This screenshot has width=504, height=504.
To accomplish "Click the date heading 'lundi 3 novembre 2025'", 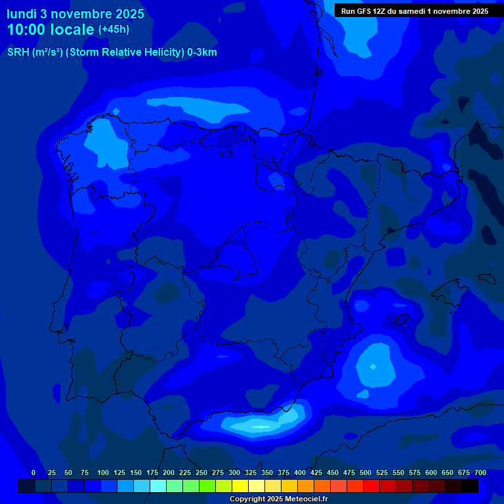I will tap(75, 14).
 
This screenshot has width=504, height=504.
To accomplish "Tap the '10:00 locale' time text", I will tap(50, 30).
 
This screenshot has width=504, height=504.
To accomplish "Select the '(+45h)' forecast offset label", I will tap(114, 30).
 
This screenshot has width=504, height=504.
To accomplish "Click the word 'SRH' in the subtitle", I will tap(18, 52).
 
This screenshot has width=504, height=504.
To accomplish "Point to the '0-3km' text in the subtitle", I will tap(202, 52).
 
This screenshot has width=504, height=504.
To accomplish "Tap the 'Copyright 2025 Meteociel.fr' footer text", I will tap(278, 499).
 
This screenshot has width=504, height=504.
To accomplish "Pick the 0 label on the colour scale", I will tap(33, 472).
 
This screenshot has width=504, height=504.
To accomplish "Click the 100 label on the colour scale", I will tap(103, 472).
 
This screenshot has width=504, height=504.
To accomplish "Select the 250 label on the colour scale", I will tap(201, 472).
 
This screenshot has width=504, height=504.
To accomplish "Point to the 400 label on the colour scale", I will tap(300, 472).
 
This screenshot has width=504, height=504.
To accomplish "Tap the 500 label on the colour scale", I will tap(366, 472).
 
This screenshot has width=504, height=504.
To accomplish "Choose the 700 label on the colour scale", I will tap(480, 472).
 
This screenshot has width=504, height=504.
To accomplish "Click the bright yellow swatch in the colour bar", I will tap(240, 486).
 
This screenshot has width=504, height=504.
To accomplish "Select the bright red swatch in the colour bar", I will tap(371, 486).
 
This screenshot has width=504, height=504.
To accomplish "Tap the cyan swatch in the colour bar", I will tap(158, 486).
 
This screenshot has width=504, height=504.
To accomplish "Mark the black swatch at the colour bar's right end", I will tap(470, 486).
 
